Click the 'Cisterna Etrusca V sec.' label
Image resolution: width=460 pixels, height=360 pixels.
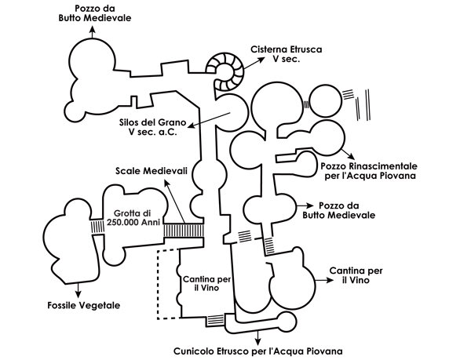(x=286, y=54)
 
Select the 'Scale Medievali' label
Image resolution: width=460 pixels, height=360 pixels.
(x=151, y=171)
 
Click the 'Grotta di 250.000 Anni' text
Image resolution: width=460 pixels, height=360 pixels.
(x=133, y=217)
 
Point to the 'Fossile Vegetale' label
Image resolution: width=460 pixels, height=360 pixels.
(x=84, y=305)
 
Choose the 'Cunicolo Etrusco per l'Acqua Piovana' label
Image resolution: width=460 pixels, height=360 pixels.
(x=258, y=351)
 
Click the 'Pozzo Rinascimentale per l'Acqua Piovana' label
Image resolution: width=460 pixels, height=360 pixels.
(x=369, y=171)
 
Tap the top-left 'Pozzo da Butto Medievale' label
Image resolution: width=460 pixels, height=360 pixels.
(x=95, y=13)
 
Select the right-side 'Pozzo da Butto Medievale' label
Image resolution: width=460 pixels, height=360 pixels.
(x=339, y=210)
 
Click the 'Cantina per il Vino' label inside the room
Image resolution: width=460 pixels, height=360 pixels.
(x=206, y=283)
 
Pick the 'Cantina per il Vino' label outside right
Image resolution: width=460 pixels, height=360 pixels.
(x=356, y=275)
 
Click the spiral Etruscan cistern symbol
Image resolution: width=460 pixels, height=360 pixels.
(x=225, y=72)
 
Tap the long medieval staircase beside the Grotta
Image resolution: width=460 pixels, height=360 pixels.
(x=184, y=231)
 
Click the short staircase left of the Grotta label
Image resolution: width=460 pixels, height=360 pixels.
(x=97, y=227)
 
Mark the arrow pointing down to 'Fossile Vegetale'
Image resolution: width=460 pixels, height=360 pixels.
(x=78, y=290)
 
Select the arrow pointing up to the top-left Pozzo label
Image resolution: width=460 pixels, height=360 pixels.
(x=93, y=32)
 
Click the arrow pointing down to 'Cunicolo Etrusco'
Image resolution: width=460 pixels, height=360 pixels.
(x=258, y=338)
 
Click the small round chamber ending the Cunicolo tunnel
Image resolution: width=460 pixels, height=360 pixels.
(x=287, y=322)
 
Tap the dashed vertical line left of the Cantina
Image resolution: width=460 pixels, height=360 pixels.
(x=158, y=285)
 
